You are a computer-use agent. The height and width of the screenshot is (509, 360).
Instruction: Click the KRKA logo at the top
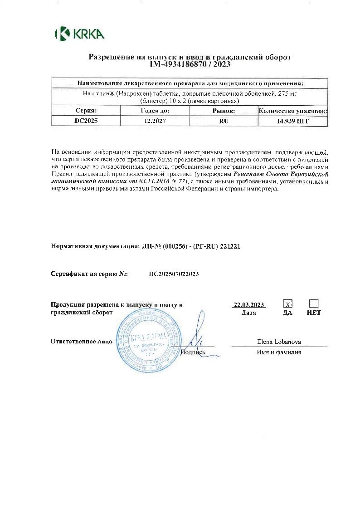(x=79, y=34)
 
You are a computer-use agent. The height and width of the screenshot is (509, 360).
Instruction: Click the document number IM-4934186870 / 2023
(x=190, y=65)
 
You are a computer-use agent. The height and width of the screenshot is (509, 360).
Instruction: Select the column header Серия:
(x=86, y=110)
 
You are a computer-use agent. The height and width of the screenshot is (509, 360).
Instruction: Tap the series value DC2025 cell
(x=86, y=121)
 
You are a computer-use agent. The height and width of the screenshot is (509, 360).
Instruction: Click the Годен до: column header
(x=152, y=110)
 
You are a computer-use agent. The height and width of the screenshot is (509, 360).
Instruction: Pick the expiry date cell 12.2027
(x=152, y=121)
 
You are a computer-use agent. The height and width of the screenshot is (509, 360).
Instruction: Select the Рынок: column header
(x=224, y=110)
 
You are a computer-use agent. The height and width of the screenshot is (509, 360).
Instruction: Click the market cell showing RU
(x=224, y=121)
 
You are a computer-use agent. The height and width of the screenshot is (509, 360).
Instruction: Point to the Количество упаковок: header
(x=292, y=110)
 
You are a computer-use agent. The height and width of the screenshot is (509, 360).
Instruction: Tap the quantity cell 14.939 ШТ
(x=292, y=121)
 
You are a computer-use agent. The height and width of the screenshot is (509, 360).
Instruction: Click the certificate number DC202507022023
(x=174, y=274)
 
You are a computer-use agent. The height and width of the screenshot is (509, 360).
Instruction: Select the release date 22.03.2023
(x=248, y=305)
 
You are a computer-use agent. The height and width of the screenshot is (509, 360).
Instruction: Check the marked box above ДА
(x=287, y=303)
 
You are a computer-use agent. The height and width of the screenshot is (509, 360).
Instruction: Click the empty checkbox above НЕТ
(x=314, y=303)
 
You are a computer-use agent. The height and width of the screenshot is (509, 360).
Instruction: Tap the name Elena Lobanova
(x=279, y=342)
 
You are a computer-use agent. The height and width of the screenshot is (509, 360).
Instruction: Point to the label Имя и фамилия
(x=279, y=352)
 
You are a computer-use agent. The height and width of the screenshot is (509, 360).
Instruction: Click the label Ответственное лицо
(x=81, y=341)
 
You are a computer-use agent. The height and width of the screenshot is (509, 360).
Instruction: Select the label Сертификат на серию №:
(x=89, y=274)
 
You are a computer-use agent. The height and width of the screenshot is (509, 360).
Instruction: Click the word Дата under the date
(x=249, y=313)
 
